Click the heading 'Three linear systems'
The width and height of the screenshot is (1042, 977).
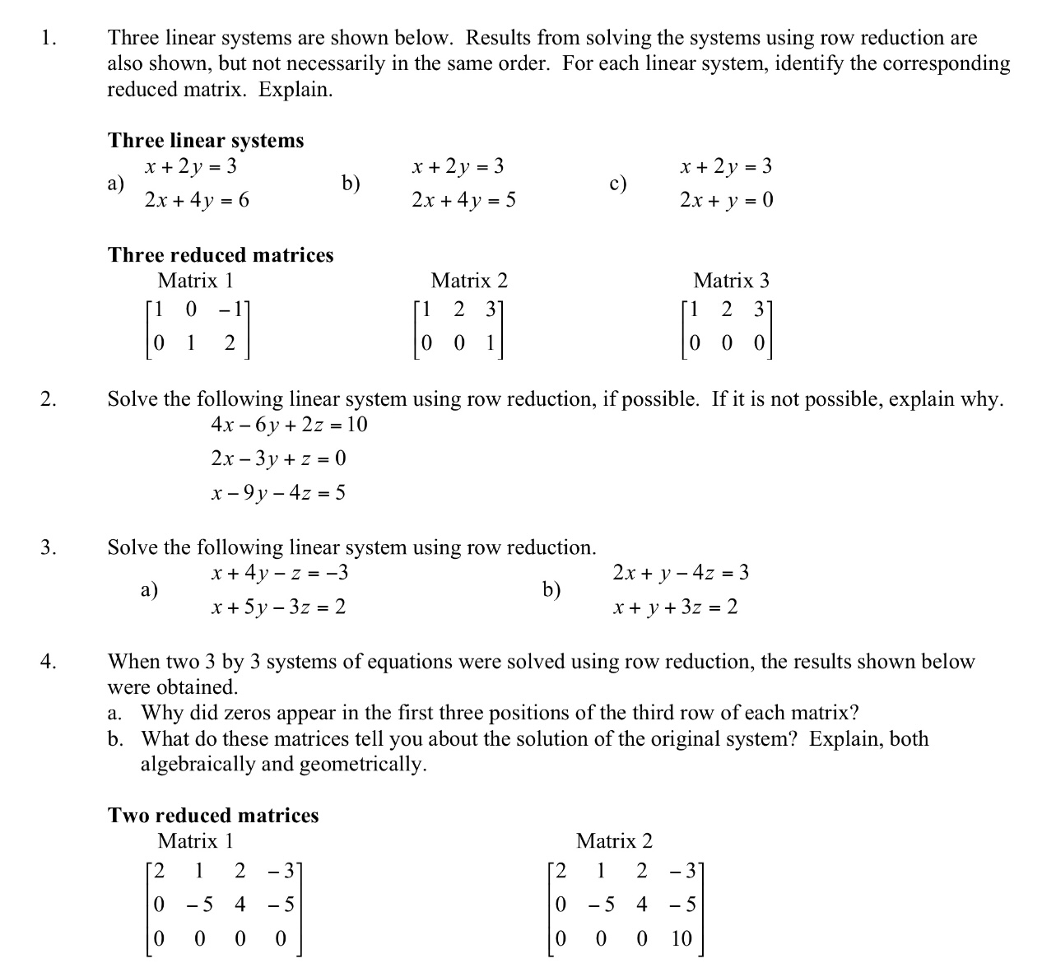tap(206, 140)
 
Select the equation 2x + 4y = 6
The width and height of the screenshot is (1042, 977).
tap(197, 200)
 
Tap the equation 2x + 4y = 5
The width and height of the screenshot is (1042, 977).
tap(464, 200)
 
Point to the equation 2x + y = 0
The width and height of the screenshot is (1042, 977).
tap(727, 200)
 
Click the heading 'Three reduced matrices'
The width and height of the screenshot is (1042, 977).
tap(221, 255)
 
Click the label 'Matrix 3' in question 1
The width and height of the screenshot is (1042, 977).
tap(731, 281)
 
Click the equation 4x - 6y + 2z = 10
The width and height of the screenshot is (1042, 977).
tap(289, 425)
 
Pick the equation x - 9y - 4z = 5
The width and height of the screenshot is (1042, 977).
tap(278, 493)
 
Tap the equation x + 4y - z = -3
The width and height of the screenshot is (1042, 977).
tap(280, 573)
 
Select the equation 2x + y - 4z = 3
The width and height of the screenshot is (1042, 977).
tap(681, 573)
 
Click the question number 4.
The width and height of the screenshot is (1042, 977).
tap(49, 662)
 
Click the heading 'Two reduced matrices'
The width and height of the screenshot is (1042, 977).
tap(213, 816)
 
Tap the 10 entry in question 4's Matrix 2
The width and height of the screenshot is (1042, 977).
tap(681, 939)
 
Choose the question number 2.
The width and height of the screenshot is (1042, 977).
tap(49, 400)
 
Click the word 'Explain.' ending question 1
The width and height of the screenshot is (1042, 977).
tap(296, 90)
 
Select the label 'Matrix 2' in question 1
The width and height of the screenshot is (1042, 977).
tap(469, 281)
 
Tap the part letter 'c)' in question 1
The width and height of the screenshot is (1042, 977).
tap(618, 184)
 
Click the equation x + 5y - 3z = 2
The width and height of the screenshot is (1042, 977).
tap(278, 607)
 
